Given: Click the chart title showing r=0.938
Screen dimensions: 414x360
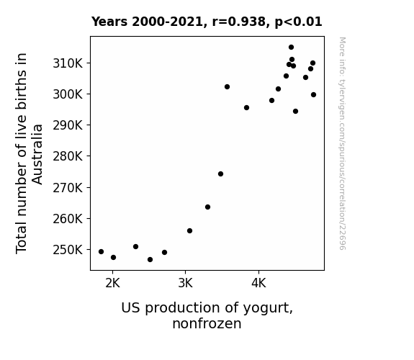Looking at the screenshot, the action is click(207, 22).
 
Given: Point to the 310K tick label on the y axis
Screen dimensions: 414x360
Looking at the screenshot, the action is click(68, 63).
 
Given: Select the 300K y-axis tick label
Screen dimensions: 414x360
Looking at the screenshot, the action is click(68, 94).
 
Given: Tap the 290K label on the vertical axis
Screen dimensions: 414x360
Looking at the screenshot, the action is click(68, 125).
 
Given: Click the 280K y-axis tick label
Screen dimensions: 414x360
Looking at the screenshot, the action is click(68, 156).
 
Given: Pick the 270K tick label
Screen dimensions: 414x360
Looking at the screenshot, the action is click(68, 188).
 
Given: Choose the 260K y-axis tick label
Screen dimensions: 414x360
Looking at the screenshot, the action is click(68, 219).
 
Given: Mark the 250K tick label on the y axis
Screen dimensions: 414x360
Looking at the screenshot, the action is click(68, 250).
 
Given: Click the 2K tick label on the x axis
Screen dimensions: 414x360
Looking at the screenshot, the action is click(113, 284).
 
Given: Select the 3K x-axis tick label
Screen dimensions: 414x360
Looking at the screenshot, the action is click(185, 284).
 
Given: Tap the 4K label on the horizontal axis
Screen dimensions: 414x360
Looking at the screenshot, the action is click(258, 284).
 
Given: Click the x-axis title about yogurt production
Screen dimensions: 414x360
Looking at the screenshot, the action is click(207, 315).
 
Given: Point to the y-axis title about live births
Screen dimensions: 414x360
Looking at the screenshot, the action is click(29, 153).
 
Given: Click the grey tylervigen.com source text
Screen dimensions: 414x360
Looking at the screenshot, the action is click(342, 143).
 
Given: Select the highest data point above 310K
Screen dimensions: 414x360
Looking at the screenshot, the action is click(291, 48).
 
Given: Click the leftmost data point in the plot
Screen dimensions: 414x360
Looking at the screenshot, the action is click(101, 252).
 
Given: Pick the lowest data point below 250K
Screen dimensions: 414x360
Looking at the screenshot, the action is click(150, 260).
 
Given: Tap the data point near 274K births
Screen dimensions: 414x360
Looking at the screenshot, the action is click(221, 174).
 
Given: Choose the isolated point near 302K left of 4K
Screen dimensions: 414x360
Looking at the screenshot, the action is click(227, 87).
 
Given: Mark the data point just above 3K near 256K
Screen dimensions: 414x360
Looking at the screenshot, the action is click(189, 231).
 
